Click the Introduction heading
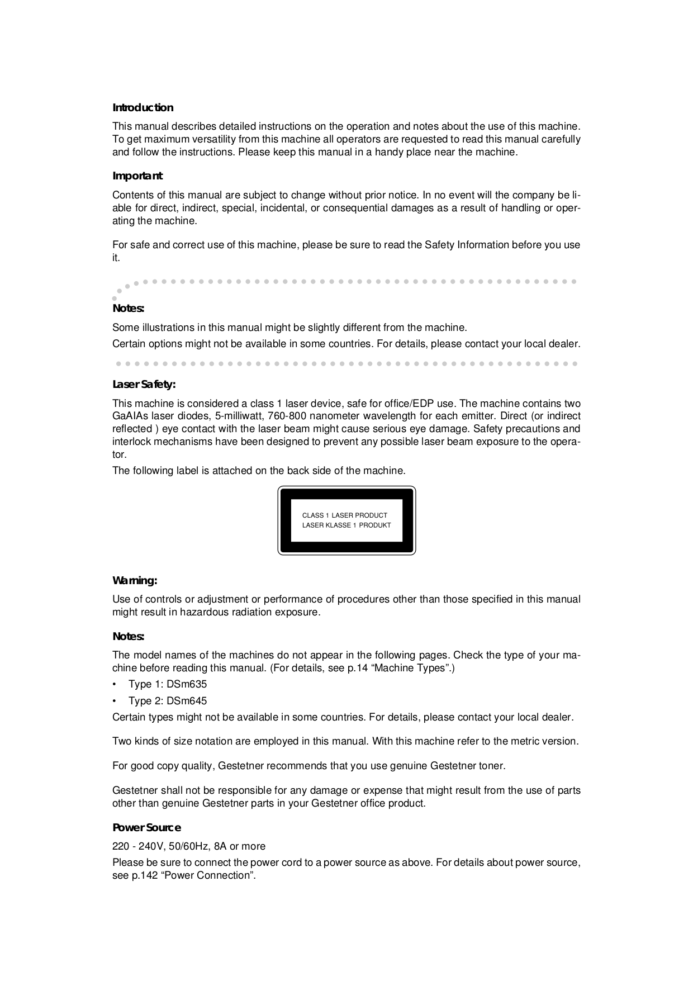click(x=143, y=107)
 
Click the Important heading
click(x=137, y=176)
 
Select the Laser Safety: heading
click(x=144, y=385)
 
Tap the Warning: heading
click(x=135, y=580)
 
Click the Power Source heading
click(x=146, y=827)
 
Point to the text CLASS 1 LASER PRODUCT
click(x=344, y=515)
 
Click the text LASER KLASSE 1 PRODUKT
click(x=346, y=525)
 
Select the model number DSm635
click(x=187, y=684)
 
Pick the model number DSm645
click(x=187, y=701)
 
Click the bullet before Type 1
click(x=115, y=685)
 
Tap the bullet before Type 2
click(x=115, y=702)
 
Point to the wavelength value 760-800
click(x=287, y=416)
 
